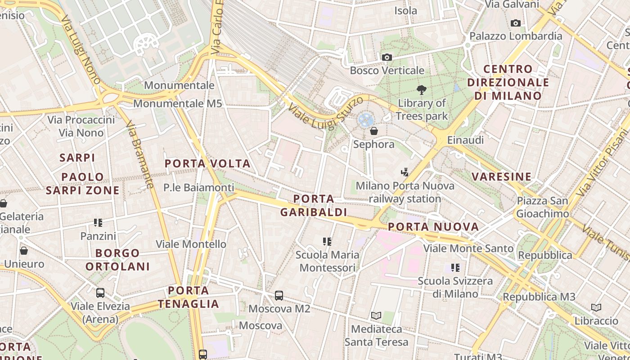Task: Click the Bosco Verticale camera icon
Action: click(x=387, y=57)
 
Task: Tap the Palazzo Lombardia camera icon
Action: click(x=516, y=23)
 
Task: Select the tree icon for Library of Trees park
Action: click(x=421, y=90)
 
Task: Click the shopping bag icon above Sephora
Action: click(x=373, y=131)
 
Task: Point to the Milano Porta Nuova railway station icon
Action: click(x=405, y=172)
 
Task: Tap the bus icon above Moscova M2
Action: click(x=279, y=296)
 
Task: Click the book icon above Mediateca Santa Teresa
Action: click(x=376, y=316)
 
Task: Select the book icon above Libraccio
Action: click(x=596, y=307)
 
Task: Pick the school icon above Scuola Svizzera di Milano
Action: click(x=455, y=268)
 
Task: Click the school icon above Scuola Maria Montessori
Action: click(x=327, y=242)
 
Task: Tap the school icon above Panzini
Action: click(x=98, y=222)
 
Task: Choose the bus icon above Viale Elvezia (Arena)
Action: click(x=100, y=293)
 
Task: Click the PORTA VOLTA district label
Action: click(x=207, y=163)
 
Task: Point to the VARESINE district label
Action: click(x=502, y=176)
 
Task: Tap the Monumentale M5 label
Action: click(x=178, y=103)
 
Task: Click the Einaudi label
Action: click(x=465, y=140)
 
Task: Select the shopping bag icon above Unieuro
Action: click(x=24, y=251)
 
